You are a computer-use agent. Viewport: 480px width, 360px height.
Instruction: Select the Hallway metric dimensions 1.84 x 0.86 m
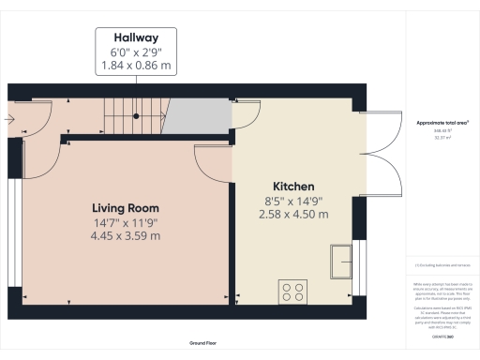[136, 67]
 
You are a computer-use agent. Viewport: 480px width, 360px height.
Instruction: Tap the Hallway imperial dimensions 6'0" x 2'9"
[136, 53]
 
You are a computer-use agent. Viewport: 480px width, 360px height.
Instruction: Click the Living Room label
[125, 207]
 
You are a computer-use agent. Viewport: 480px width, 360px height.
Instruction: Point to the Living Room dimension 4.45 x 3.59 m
[125, 235]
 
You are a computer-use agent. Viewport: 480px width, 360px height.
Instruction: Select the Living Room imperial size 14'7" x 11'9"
[125, 221]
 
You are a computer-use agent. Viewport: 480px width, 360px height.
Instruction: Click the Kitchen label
[293, 187]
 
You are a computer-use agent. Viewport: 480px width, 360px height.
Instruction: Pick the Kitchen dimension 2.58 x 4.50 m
[293, 214]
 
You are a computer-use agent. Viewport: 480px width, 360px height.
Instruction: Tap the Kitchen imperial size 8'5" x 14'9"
[293, 200]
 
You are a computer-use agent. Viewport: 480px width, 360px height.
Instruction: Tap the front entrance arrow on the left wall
[9, 118]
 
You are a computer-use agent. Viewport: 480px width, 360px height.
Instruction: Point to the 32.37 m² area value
[441, 139]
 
